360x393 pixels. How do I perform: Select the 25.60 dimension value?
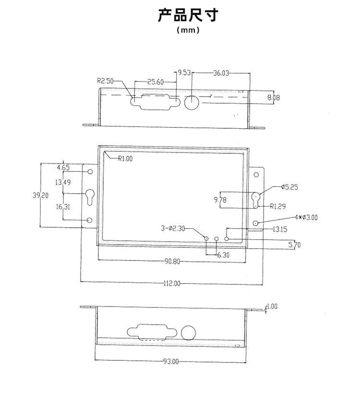(155, 82)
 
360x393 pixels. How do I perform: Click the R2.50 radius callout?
(105, 81)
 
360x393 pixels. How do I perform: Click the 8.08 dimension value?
(274, 98)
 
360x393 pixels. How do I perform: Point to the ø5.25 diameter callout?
(289, 187)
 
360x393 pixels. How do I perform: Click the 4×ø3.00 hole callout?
(306, 218)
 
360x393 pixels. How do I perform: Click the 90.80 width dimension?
(173, 262)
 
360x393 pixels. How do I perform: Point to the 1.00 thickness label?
(272, 306)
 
